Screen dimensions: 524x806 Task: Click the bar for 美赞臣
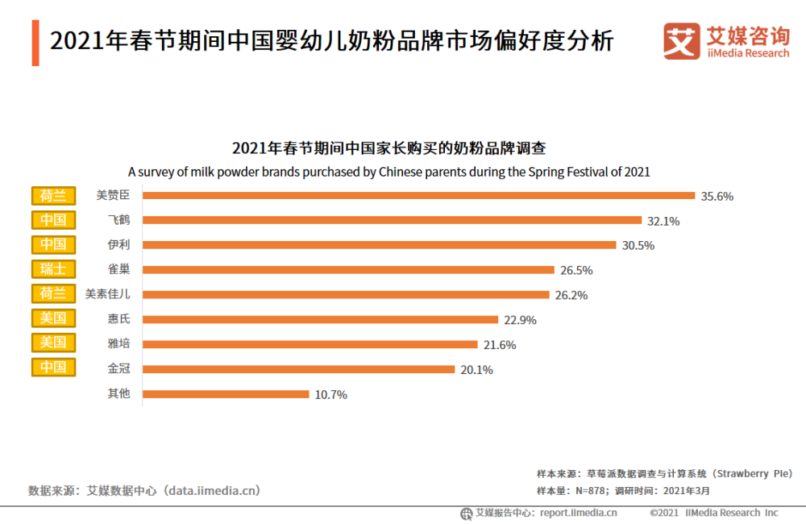pyautogui.click(x=418, y=195)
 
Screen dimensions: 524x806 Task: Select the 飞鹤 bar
pyautogui.click(x=392, y=220)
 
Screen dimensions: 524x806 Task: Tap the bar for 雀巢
pyautogui.click(x=348, y=270)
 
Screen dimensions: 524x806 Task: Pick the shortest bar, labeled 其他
pyautogui.click(x=226, y=394)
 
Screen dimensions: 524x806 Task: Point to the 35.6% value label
pyautogui.click(x=717, y=196)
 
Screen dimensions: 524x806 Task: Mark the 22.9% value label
pyautogui.click(x=520, y=320)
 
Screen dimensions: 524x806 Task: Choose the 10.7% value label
pyautogui.click(x=331, y=395)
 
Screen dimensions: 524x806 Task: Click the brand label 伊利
pyautogui.click(x=118, y=245)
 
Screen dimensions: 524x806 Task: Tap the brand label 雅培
pyautogui.click(x=118, y=344)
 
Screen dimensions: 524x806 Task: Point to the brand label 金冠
pyautogui.click(x=118, y=369)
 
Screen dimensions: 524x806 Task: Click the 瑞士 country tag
pyautogui.click(x=53, y=269)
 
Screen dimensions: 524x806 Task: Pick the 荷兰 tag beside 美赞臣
pyautogui.click(x=53, y=195)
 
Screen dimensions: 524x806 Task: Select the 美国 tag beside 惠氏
pyautogui.click(x=53, y=318)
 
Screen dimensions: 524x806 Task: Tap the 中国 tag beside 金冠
pyautogui.click(x=53, y=368)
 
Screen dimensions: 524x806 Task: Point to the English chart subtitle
pyautogui.click(x=388, y=172)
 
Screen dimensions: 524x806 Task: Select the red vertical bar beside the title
pyautogui.click(x=35, y=42)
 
